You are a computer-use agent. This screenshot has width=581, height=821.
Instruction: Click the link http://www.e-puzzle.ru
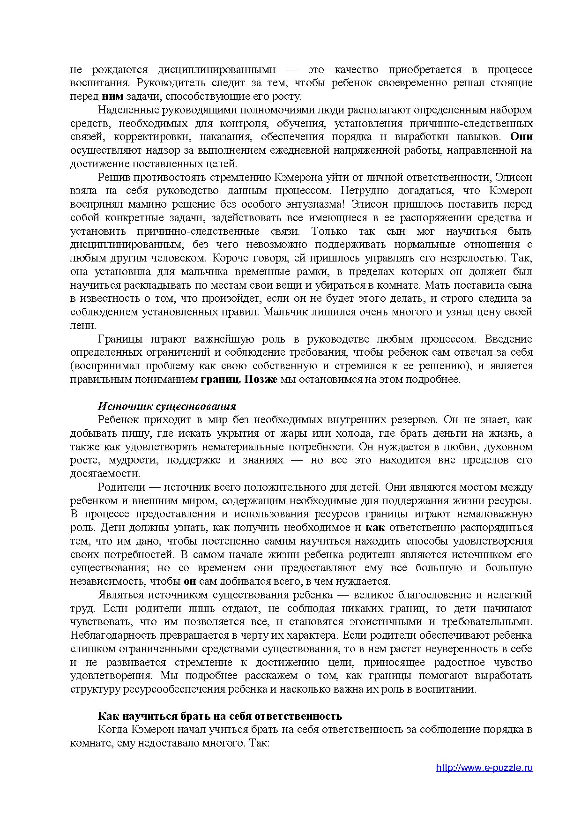pos(484,768)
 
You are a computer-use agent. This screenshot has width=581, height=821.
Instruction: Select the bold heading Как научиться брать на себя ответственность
pos(219,716)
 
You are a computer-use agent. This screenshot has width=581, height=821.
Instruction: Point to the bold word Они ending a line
pos(521,137)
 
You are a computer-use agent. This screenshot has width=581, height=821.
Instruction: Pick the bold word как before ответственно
pos(375,527)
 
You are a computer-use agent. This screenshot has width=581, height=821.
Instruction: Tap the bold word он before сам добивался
pos(190,581)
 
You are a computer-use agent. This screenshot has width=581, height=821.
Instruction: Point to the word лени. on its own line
pos(83,325)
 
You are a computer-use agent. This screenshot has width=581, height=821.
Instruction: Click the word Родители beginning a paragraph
pos(118,487)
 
